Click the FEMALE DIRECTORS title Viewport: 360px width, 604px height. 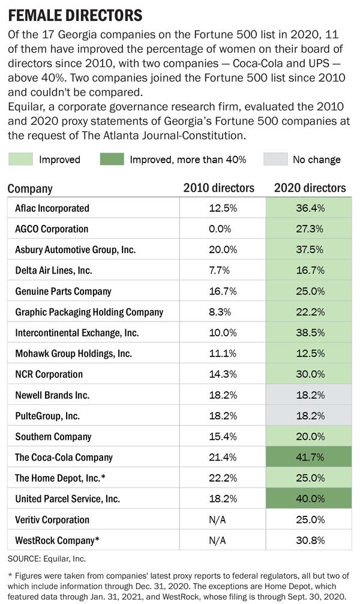point(75,14)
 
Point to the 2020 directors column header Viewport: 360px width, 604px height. point(310,188)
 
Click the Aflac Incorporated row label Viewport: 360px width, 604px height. point(52,208)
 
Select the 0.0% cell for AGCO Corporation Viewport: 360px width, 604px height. point(222,229)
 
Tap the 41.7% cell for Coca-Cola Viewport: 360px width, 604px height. point(309,457)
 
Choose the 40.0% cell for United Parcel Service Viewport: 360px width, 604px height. point(309,498)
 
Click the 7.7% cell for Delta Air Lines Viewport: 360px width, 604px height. point(222,271)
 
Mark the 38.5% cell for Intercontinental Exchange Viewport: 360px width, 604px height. point(309,332)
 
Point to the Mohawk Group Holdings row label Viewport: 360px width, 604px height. point(73,353)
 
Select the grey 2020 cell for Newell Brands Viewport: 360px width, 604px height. point(309,395)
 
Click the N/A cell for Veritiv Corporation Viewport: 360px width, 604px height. point(222,519)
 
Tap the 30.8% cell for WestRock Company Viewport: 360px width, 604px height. point(309,540)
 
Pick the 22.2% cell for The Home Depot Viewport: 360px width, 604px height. point(222,478)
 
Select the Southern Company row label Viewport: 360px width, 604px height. point(53,437)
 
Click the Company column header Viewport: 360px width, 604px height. point(30,188)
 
